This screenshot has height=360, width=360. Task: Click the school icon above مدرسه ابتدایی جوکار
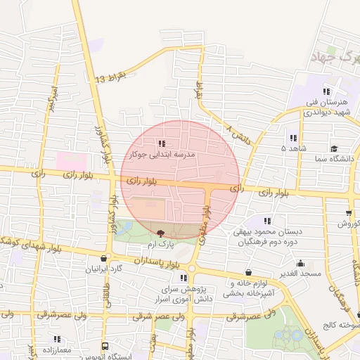pyautogui.click(x=162, y=143)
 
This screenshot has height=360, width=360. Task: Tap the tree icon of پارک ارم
pyautogui.click(x=161, y=233)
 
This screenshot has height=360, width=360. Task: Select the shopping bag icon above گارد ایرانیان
pyautogui.click(x=105, y=258)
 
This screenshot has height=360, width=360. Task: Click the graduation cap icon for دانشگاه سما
pyautogui.click(x=333, y=148)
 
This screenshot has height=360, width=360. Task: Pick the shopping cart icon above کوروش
pyautogui.click(x=349, y=213)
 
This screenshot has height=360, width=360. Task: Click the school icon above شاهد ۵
pyautogui.click(x=292, y=138)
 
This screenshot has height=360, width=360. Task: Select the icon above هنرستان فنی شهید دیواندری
pyautogui.click(x=326, y=91)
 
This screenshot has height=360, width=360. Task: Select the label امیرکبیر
pyautogui.click(x=51, y=100)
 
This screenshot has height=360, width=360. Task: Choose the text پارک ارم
pyautogui.click(x=161, y=244)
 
